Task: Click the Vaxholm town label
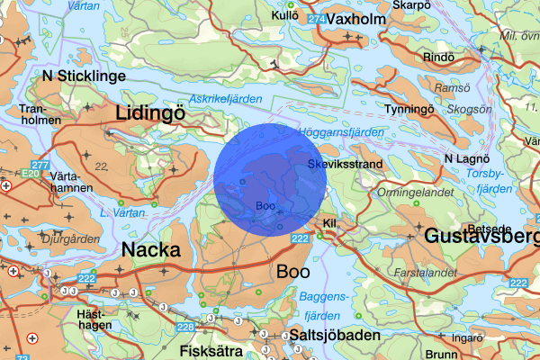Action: pyautogui.click(x=356, y=19)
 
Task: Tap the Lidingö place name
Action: pyautogui.click(x=149, y=112)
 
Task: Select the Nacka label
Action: pyautogui.click(x=150, y=249)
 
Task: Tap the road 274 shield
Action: pyautogui.click(x=315, y=19)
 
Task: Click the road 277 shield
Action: pyautogui.click(x=40, y=165)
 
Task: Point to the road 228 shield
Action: pyautogui.click(x=186, y=327)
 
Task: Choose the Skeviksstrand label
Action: pyautogui.click(x=346, y=165)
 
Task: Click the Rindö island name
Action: pyautogui.click(x=439, y=58)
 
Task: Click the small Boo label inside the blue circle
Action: pyautogui.click(x=265, y=206)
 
